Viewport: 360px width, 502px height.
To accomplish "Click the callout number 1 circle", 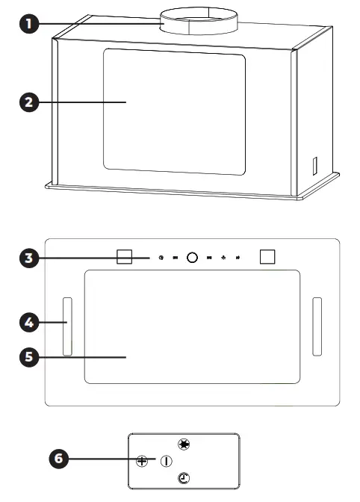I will tap(28, 24).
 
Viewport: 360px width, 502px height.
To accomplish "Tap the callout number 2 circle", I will tap(28, 102).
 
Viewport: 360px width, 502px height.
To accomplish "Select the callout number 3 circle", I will tap(28, 258).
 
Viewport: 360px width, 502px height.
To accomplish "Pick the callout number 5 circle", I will tap(28, 357).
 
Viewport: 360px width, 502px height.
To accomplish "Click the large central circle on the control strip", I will tap(192, 257).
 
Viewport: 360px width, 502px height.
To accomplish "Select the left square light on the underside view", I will tap(125, 256).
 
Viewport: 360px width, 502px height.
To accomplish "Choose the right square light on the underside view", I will tap(267, 255).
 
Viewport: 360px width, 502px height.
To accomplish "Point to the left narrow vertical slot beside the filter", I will tap(67, 326).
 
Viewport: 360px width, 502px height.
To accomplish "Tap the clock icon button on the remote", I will tap(183, 478).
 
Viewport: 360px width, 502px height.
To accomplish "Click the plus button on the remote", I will tap(142, 461).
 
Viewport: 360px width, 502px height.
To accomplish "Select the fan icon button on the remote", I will tap(183, 444).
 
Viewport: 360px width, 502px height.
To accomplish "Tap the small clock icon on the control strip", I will tap(161, 258).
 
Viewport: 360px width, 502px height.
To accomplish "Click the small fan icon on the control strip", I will tap(223, 258).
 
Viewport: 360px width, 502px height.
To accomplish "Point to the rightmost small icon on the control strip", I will tap(238, 258).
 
